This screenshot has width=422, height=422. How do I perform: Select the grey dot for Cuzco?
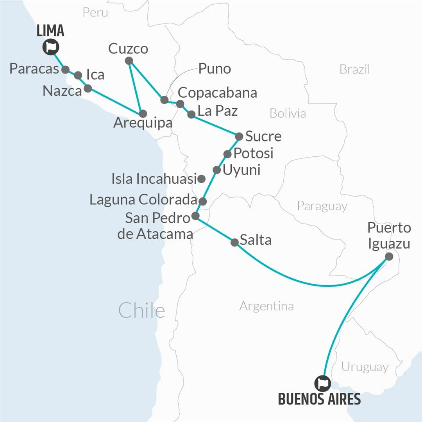(129, 61)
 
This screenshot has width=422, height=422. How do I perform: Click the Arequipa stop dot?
(143, 114)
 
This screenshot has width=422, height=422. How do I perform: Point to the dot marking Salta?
(234, 242)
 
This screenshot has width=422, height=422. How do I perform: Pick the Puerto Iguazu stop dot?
(389, 256)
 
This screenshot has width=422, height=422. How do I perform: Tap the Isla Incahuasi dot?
(201, 179)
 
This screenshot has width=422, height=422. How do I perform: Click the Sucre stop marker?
(239, 136)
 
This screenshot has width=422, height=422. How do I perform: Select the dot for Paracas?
(66, 70)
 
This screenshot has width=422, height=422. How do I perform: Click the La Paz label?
(218, 111)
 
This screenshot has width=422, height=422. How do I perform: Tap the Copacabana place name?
(217, 93)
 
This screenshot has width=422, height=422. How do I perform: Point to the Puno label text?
(215, 69)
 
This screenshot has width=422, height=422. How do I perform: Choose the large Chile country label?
(141, 311)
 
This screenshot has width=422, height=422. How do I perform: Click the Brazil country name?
(354, 70)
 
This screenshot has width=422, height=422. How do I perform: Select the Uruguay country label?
(365, 367)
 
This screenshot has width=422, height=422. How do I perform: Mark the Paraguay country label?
(322, 206)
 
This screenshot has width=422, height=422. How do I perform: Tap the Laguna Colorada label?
(143, 200)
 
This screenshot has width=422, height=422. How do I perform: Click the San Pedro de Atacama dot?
(196, 216)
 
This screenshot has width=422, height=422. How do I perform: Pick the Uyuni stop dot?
(216, 170)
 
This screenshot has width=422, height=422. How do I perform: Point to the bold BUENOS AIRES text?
(319, 399)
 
